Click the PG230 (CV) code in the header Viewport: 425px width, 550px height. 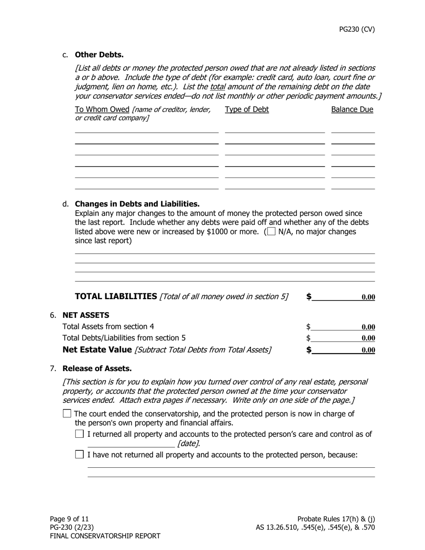(357, 30)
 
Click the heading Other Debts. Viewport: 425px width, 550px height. (99, 55)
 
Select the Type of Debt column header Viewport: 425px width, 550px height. (247, 110)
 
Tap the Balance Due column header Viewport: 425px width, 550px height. (352, 110)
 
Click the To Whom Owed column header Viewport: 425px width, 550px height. (102, 110)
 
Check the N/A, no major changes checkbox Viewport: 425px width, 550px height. (271, 232)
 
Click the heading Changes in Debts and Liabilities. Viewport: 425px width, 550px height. (137, 204)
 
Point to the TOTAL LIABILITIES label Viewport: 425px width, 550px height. (116, 296)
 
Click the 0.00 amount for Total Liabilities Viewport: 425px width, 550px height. (368, 297)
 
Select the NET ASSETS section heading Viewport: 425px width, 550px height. (85, 315)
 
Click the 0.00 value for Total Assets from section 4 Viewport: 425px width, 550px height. (368, 327)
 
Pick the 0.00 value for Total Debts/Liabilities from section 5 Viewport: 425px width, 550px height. (368, 338)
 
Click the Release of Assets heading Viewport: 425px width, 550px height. (97, 368)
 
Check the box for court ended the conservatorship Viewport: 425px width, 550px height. (67, 414)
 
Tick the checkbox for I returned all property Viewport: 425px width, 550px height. (80, 434)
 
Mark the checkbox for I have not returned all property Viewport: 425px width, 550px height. (80, 455)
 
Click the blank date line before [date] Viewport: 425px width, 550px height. (131, 444)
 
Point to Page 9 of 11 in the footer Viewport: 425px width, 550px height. (69, 519)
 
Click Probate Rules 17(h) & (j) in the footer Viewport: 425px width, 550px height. (336, 519)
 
